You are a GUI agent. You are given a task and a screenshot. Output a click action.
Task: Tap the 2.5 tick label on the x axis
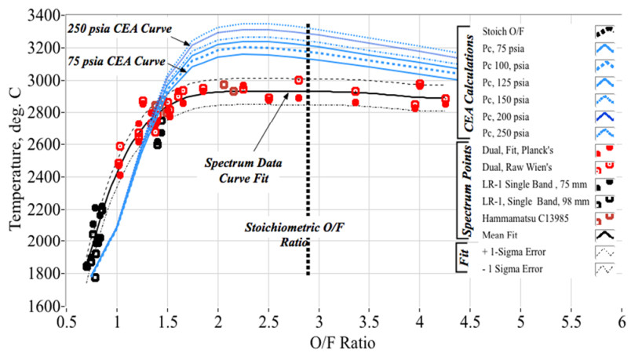pyautogui.click(x=268, y=322)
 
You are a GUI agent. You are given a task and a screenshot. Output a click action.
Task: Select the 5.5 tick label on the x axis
pyautogui.click(x=571, y=322)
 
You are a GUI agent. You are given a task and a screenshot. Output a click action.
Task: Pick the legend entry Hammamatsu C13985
pyautogui.click(x=528, y=217)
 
